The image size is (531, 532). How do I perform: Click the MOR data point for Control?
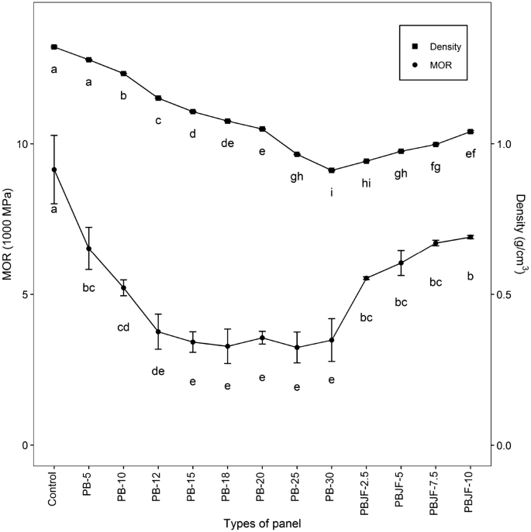(54, 170)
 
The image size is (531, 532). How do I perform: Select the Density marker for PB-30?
(332, 170)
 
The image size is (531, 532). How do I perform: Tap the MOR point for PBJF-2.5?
(367, 278)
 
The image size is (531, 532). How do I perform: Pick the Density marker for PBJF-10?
(471, 132)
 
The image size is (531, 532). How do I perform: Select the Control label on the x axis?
(54, 489)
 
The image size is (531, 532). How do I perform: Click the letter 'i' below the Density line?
(332, 191)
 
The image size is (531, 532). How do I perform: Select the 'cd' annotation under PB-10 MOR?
(123, 327)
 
